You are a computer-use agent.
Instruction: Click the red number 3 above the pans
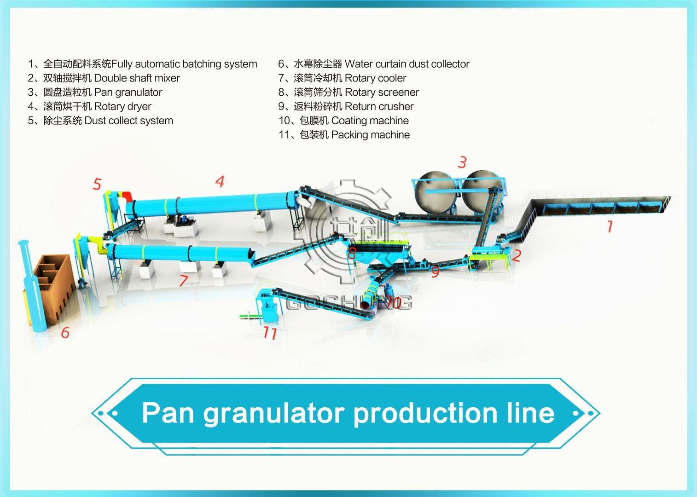coord(462,162)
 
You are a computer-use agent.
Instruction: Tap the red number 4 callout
coord(220,181)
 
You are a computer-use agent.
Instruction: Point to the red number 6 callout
coord(65,332)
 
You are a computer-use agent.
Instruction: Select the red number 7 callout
coord(184,280)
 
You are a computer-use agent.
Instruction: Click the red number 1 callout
coord(610,226)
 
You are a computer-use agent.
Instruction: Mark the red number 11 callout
coord(270,333)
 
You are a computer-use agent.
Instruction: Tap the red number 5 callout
coord(97,184)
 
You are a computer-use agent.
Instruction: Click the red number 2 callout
coord(517,255)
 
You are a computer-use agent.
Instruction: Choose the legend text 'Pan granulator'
coord(128,92)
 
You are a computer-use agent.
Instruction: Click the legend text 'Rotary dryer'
coord(122,106)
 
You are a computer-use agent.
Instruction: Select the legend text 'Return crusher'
coord(379,106)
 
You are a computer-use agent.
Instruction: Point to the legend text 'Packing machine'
coord(371,135)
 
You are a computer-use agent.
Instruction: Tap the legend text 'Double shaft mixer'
coord(137,78)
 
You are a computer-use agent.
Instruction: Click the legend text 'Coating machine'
coord(370,121)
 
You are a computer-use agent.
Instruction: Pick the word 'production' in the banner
coord(426,414)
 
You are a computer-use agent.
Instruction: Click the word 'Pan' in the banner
coord(168,413)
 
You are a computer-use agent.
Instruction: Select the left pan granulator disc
coord(436,193)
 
